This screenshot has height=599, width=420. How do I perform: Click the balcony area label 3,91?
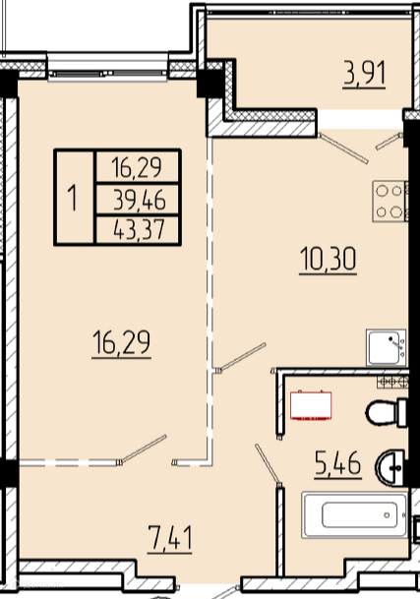pyautogui.click(x=364, y=73)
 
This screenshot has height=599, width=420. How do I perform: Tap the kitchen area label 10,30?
pyautogui.click(x=329, y=260)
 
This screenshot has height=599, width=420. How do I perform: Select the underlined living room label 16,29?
pyautogui.click(x=122, y=343)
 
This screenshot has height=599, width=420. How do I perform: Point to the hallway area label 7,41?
pyautogui.click(x=170, y=538)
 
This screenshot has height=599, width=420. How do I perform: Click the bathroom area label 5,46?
pyautogui.click(x=338, y=463)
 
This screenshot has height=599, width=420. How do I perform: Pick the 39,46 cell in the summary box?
pyautogui.click(x=139, y=201)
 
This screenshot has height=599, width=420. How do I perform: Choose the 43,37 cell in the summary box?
pyautogui.click(x=139, y=229)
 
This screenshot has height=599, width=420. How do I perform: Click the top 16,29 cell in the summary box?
pyautogui.click(x=137, y=168)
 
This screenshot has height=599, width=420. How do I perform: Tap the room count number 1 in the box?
pyautogui.click(x=73, y=197)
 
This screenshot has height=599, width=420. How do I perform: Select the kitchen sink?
pyautogui.click(x=387, y=347)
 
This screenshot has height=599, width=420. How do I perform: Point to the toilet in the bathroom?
pyautogui.click(x=387, y=412)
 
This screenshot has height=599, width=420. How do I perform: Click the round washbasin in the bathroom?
pyautogui.click(x=390, y=468)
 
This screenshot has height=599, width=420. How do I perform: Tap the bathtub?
pyautogui.click(x=355, y=515)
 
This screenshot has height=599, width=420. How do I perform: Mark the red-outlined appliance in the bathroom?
pyautogui.click(x=311, y=405)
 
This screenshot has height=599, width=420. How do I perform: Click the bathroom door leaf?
pyautogui.click(x=269, y=465)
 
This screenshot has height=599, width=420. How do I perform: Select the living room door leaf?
pyautogui.click(x=143, y=449)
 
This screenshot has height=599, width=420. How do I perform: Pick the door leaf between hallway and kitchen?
pyautogui.click(x=240, y=357)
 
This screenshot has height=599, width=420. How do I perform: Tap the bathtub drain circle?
pyautogui.click(x=387, y=515)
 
